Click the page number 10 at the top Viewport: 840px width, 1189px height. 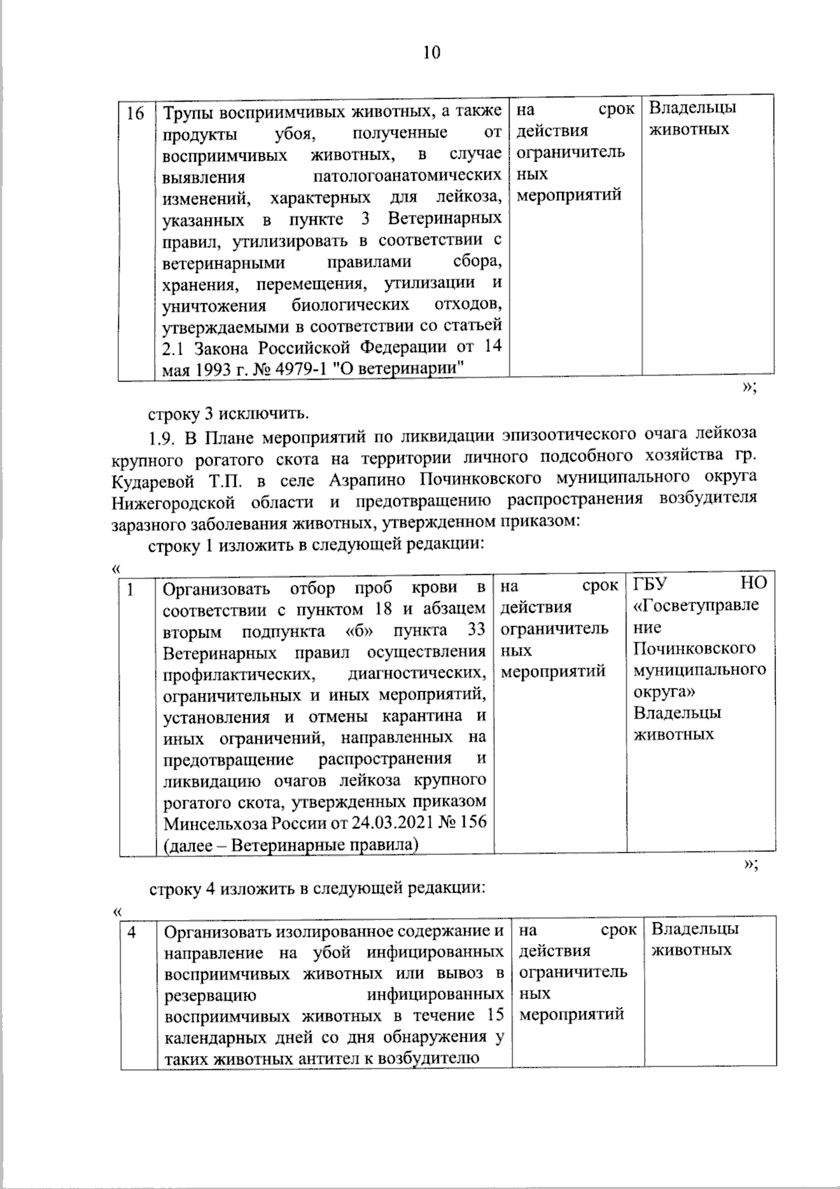pos(431,53)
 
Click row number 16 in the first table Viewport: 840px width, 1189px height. pos(135,113)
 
